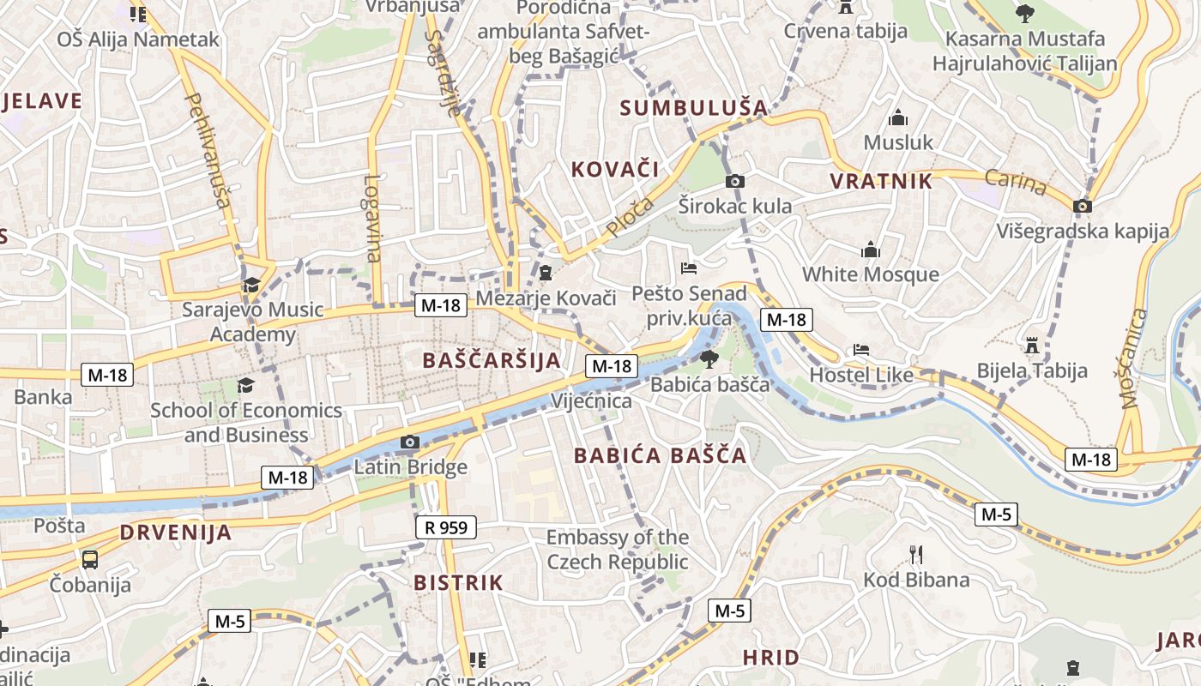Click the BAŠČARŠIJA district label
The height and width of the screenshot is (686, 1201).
point(492,360)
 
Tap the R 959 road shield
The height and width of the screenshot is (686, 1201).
point(446,527)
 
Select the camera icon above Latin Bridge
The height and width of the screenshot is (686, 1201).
point(410,442)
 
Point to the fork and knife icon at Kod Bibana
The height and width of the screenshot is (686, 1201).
point(916,554)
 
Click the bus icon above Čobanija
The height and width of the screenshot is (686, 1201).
point(90,560)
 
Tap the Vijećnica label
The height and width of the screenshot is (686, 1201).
point(592,400)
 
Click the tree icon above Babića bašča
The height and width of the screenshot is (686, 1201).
point(709,358)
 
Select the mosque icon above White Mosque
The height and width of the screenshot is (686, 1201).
point(871,250)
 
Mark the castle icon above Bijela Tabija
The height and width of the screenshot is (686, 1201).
point(1032,346)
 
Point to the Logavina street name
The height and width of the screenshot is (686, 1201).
point(371,218)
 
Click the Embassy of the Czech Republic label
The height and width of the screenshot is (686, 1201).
point(618,550)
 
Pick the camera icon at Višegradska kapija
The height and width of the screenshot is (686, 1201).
point(1083,206)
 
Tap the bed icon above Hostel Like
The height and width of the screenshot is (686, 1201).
point(861,350)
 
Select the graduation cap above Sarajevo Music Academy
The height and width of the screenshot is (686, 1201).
point(251,285)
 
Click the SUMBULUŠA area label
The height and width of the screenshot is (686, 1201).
point(693,107)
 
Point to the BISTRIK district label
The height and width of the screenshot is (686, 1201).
point(458,583)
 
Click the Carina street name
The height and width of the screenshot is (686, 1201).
point(1016,182)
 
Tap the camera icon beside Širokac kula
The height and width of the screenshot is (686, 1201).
point(735,181)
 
